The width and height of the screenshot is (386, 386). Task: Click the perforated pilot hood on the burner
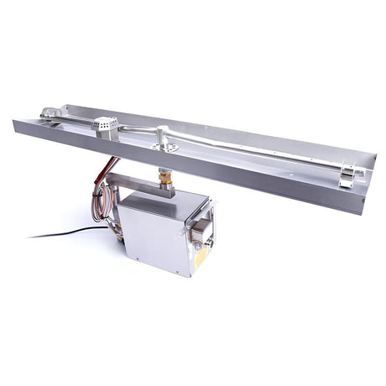tap(104, 126)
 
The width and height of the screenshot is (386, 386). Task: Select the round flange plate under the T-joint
tap(164, 146)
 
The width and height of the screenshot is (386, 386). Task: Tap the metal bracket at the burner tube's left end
tap(51, 114)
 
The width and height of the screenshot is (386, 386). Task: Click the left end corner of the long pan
tap(15, 123)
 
